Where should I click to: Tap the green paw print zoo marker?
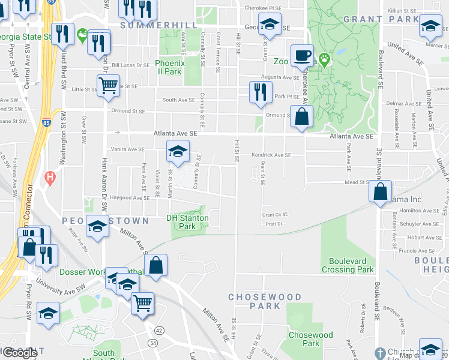pyautogui.click(x=325, y=59)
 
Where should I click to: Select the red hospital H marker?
pyautogui.click(x=50, y=178)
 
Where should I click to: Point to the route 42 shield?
pyautogui.click(x=158, y=330)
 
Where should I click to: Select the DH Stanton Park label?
pyautogui.click(x=187, y=222)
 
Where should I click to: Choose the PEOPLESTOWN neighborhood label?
pyautogui.click(x=105, y=221)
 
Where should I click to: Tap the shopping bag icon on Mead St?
pyautogui.click(x=381, y=192)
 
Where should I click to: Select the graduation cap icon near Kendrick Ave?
pyautogui.click(x=177, y=151)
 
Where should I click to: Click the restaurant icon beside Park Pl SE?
pyautogui.click(x=259, y=92)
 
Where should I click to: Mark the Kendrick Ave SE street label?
pyautogui.click(x=271, y=155)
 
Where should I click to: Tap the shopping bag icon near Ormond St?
pyautogui.click(x=301, y=116)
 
